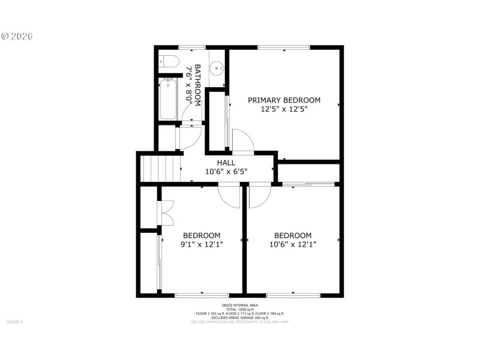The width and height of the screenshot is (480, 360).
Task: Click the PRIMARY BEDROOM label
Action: click(284, 100)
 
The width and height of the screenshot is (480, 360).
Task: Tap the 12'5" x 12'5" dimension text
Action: click(284, 110)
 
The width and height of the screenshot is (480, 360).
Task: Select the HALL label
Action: click(226, 163)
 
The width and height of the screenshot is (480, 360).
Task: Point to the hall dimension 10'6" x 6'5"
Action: click(226, 172)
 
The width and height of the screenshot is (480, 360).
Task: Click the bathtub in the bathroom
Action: click(168, 98)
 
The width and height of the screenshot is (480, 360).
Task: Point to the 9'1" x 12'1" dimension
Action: click(202, 244)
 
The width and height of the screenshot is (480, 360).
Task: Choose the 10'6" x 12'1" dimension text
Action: click(293, 244)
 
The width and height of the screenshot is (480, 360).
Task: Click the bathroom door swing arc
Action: click(190, 137)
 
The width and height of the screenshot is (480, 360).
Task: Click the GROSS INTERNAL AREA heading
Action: click(239, 305)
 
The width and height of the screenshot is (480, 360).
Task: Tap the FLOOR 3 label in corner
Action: click(14, 322)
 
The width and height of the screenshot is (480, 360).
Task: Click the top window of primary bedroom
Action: click(284, 47)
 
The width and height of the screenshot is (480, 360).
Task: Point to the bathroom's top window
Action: click(192, 47)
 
